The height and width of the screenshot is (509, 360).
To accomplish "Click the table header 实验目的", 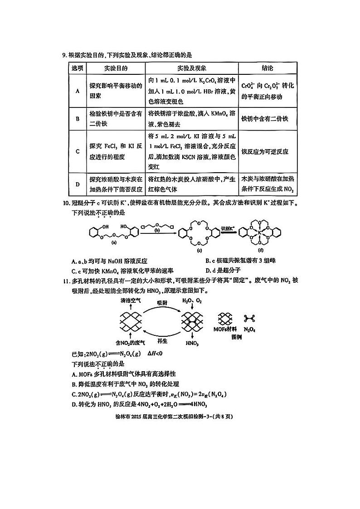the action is click(x=115, y=68).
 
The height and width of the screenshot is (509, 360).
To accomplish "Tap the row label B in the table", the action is click(x=78, y=119).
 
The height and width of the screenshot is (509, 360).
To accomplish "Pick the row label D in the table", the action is click(x=78, y=184).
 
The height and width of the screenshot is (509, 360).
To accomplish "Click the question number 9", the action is click(x=64, y=55).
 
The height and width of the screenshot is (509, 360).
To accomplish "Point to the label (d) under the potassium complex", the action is click(x=261, y=250).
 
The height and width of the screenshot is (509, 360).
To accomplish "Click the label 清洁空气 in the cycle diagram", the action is click(x=131, y=301).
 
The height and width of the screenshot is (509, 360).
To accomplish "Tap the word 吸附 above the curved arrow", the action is click(x=163, y=301).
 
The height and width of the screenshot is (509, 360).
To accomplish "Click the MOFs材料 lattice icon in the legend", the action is click(x=226, y=319).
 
